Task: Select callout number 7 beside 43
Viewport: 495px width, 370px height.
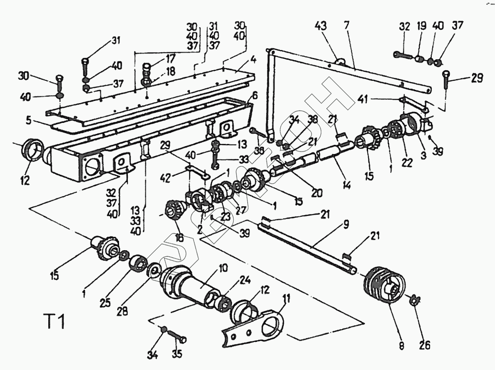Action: click(347, 26)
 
